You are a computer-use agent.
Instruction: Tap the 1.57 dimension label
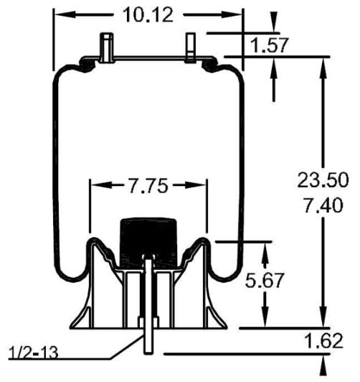click(x=269, y=46)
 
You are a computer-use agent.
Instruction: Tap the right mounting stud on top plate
click(x=191, y=47)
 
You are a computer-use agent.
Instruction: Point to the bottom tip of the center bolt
click(x=148, y=351)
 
